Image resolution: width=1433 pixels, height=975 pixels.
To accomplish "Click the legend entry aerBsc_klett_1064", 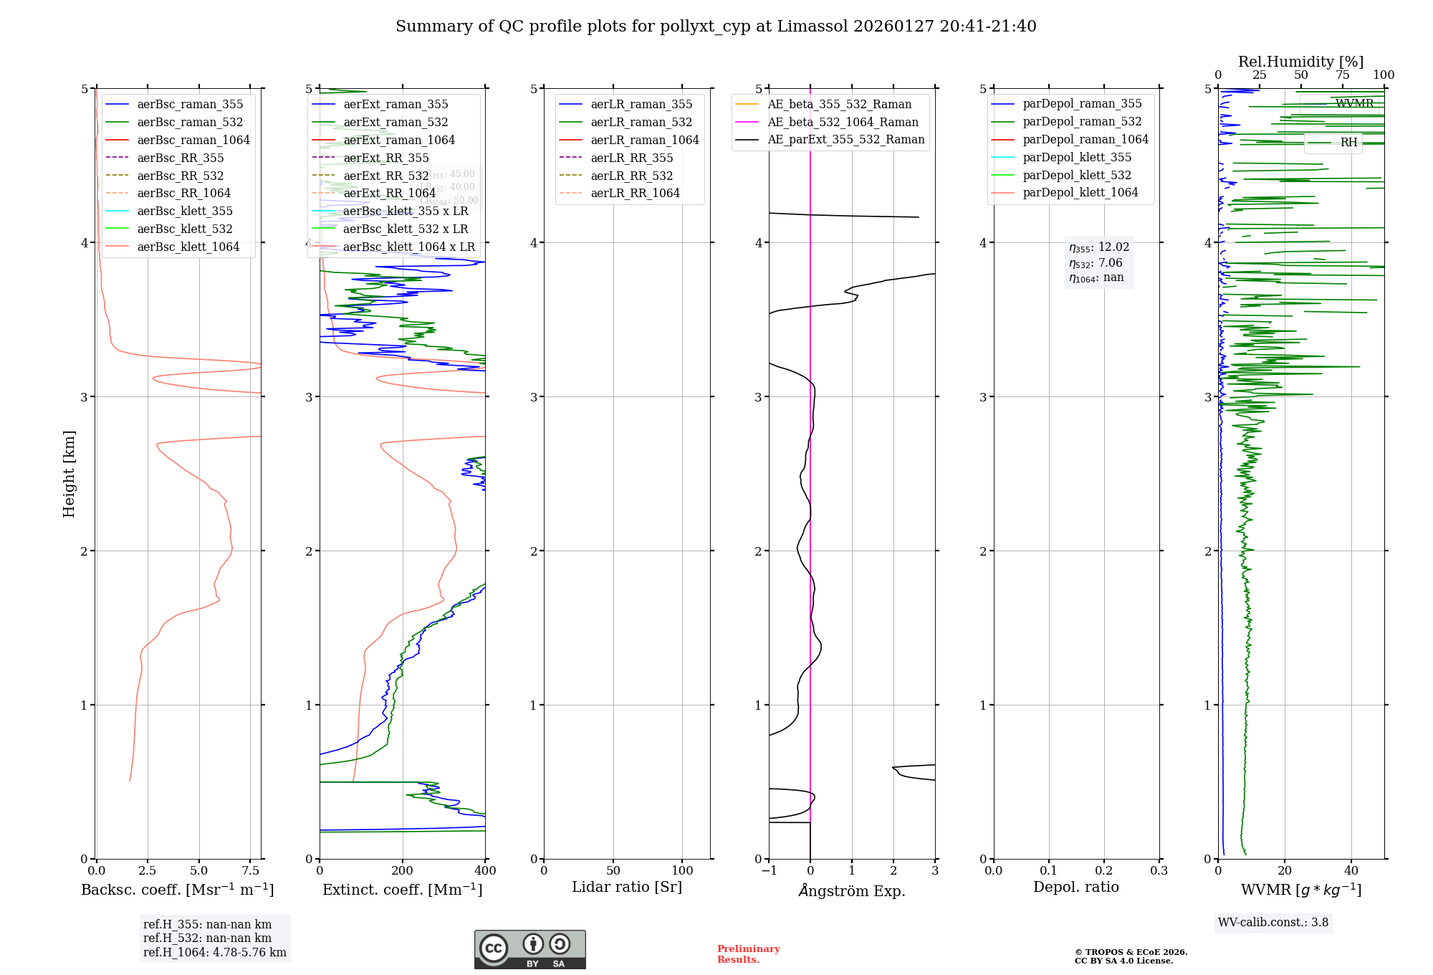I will point(188,247).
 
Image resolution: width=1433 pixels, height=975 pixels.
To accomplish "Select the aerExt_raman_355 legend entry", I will point(396,105).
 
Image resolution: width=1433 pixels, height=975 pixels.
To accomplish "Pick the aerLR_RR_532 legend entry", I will point(631,176).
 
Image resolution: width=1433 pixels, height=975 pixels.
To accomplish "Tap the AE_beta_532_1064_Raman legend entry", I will point(843,122).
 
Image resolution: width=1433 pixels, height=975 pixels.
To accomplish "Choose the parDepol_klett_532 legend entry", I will point(1076,175).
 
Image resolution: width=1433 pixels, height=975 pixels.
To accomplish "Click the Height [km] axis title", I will point(69,474).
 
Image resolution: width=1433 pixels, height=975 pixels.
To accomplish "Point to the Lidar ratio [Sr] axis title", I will point(627,888).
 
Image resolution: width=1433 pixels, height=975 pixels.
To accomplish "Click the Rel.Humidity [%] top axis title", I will point(1300,62).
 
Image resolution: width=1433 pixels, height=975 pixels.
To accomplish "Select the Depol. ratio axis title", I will point(1075,888).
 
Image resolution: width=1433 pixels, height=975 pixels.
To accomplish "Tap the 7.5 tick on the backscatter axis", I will point(250,871).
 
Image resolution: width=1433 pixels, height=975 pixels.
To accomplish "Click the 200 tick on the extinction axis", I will point(402,871).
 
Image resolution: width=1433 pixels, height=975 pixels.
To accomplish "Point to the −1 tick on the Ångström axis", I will point(769,871).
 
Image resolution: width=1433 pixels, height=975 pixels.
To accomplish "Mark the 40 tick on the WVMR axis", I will point(1351,871).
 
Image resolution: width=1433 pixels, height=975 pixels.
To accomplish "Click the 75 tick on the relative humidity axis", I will point(1342,75).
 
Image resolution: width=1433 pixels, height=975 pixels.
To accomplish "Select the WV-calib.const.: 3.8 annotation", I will point(1273,923).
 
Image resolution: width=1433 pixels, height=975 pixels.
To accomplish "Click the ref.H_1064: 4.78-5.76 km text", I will point(214,953).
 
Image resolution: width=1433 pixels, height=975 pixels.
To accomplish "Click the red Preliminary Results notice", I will point(748,954).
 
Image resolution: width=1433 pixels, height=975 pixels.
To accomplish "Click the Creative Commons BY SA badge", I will point(529,950).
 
